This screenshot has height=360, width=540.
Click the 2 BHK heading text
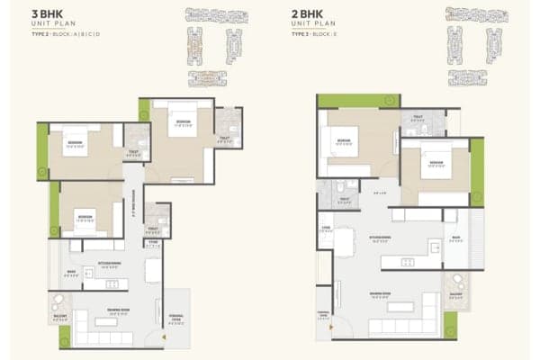tap(306, 14)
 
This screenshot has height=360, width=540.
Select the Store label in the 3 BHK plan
tap(154, 243)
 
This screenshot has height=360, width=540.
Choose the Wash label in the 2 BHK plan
tap(456, 239)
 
